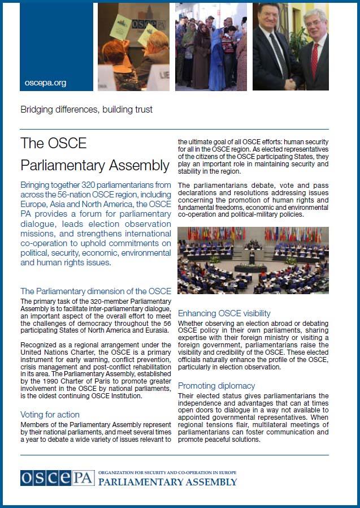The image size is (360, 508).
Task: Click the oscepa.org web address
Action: (x=46, y=83)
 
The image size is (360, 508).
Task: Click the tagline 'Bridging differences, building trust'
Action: (x=86, y=109)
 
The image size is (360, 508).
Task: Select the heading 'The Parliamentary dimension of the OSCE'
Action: (x=96, y=291)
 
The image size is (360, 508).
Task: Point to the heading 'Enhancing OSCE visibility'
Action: (x=224, y=313)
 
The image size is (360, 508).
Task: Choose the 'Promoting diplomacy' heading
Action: (x=216, y=385)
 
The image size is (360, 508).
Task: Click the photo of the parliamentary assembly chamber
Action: (x=253, y=260)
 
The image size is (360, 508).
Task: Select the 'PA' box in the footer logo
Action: (x=84, y=478)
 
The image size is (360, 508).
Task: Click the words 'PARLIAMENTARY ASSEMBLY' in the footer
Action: (x=168, y=483)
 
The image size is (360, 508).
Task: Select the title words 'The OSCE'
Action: (x=54, y=143)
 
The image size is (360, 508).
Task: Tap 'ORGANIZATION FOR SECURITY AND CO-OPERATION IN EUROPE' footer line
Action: (x=167, y=472)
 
